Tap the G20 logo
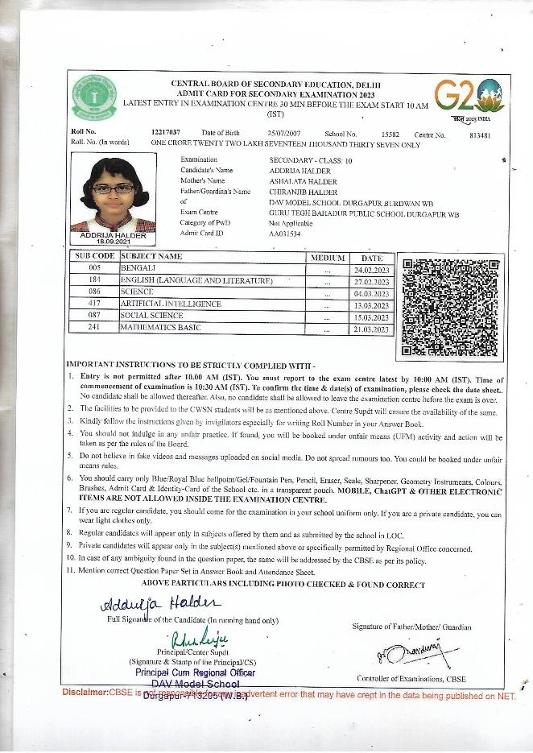(469, 96)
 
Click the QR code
(451, 306)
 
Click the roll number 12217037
(165, 131)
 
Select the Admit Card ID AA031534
(284, 234)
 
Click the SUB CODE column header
(95, 257)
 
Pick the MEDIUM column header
(327, 258)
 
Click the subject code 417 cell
(95, 304)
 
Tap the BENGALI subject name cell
(141, 267)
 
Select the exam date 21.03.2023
(371, 329)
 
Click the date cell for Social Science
(371, 317)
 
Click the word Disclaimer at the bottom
(85, 693)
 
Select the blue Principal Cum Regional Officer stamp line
(195, 672)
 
